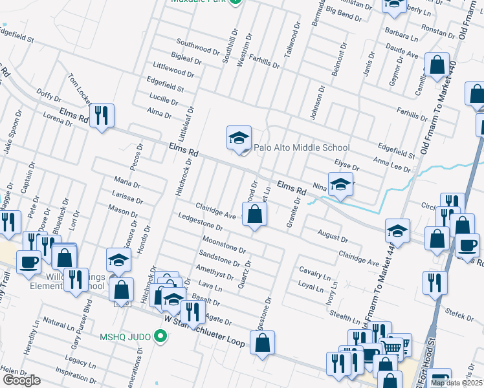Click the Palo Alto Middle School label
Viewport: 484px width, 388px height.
point(302,147)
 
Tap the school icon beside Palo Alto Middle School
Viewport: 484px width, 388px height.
point(239,137)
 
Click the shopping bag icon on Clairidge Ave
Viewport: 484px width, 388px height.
point(255,214)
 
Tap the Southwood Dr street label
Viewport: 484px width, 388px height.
point(195,48)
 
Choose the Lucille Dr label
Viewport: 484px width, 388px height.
point(163,100)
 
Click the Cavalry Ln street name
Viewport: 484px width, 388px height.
point(314,270)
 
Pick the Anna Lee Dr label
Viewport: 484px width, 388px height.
point(392,163)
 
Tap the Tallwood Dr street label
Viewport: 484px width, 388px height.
point(292,41)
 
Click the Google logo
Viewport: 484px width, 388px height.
point(21,380)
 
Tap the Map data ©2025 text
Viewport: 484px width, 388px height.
point(456,383)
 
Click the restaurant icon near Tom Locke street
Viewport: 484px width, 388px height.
point(102,116)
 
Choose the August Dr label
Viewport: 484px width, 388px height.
point(333,233)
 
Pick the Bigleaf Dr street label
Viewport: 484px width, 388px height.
point(187,58)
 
